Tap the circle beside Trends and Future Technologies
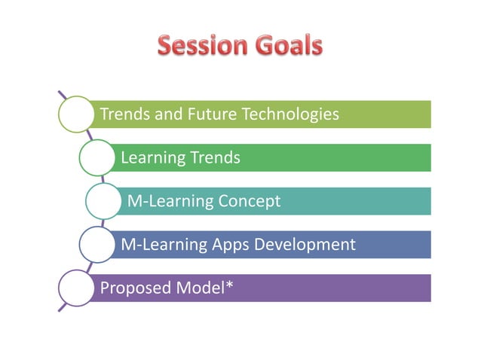coord(74,114)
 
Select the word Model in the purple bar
coord(198,288)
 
